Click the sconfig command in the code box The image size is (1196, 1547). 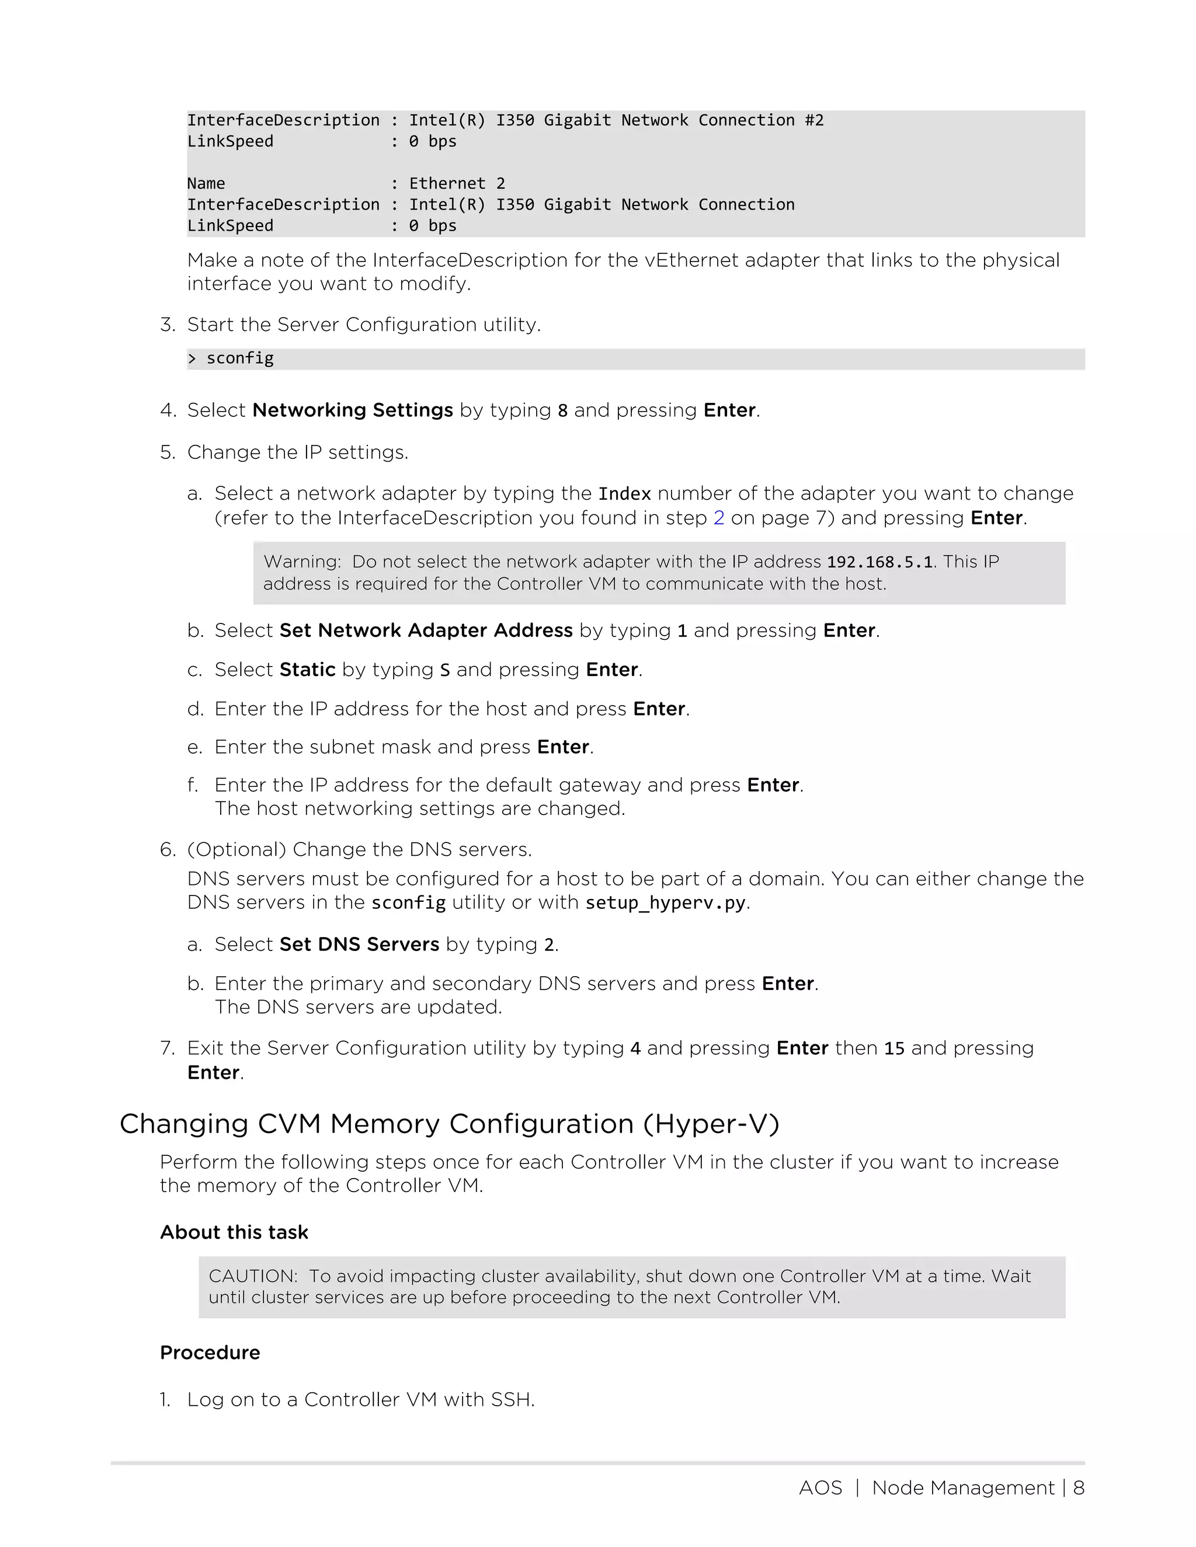click(x=239, y=358)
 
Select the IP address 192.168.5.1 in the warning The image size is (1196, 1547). click(x=879, y=562)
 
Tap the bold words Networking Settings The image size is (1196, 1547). click(x=352, y=410)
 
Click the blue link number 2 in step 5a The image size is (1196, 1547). click(x=718, y=518)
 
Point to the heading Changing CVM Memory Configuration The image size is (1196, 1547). click(x=449, y=1124)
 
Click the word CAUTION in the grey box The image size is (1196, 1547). click(x=252, y=1276)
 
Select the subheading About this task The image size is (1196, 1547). click(x=234, y=1232)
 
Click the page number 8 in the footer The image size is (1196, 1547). click(x=1079, y=1487)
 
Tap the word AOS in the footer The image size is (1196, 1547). click(x=820, y=1487)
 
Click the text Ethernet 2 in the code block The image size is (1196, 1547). click(x=457, y=183)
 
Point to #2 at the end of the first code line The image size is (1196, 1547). click(x=814, y=120)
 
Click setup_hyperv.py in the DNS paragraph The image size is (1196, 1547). click(x=665, y=903)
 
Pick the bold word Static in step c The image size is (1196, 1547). click(x=308, y=670)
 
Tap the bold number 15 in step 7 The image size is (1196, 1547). click(x=894, y=1048)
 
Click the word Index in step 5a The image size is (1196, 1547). click(x=624, y=494)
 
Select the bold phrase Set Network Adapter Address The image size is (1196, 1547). click(x=426, y=630)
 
